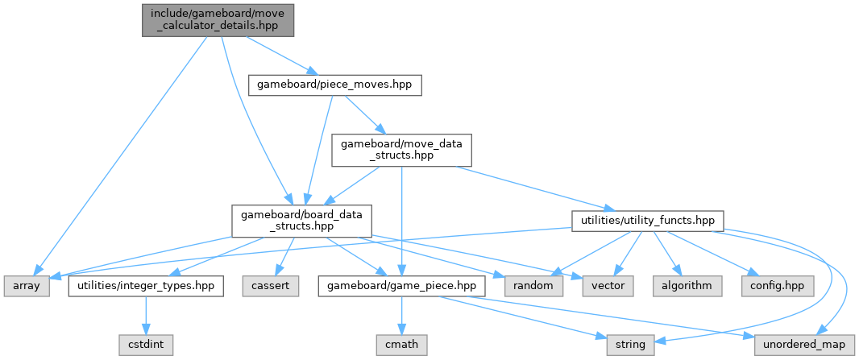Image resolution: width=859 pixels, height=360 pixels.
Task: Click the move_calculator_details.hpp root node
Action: pyautogui.click(x=215, y=19)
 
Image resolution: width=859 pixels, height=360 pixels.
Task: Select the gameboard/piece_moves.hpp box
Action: pyautogui.click(x=334, y=84)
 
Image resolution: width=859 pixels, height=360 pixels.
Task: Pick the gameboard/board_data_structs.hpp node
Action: pyautogui.click(x=301, y=220)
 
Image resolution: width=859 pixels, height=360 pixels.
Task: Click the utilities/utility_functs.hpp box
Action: pyautogui.click(x=647, y=220)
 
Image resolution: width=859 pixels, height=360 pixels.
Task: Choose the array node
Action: pyautogui.click(x=27, y=286)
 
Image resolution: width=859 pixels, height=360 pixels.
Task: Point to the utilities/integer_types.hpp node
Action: pyautogui.click(x=146, y=286)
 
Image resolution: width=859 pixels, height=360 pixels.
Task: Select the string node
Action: pyautogui.click(x=629, y=344)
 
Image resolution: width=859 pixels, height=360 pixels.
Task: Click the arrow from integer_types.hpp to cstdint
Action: pyautogui.click(x=147, y=315)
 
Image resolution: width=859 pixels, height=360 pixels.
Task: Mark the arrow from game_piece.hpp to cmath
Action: pyautogui.click(x=400, y=315)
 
